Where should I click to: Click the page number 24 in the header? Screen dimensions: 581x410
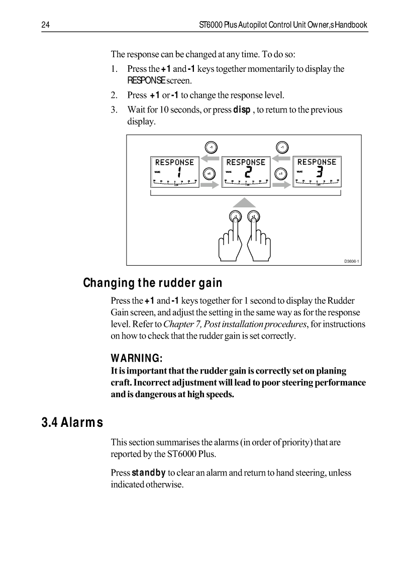tap(45, 25)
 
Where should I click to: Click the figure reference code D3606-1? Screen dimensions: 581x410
tap(352, 261)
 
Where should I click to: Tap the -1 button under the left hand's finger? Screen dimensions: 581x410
tap(234, 217)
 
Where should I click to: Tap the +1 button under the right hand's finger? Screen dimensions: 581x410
tap(254, 217)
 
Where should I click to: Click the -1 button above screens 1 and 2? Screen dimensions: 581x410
tap(211, 147)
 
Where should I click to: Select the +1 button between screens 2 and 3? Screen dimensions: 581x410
tap(282, 173)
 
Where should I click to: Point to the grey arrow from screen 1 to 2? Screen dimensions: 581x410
tap(211, 185)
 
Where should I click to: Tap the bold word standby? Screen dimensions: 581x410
tap(149, 473)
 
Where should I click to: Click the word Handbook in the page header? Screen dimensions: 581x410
tap(351, 25)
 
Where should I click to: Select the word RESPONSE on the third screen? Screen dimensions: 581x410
tap(317, 162)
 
